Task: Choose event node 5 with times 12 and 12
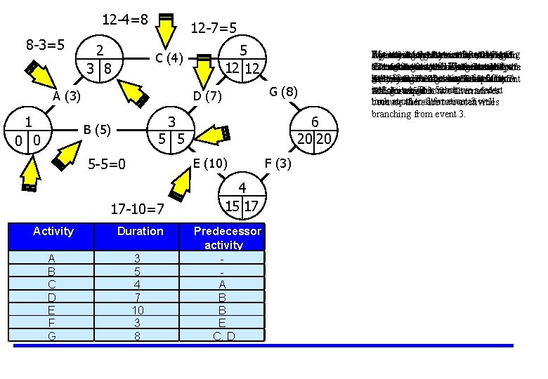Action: click(242, 59)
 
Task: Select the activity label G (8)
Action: click(283, 92)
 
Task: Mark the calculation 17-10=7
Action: click(138, 208)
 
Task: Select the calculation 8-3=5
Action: click(46, 45)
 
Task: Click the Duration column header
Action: click(140, 232)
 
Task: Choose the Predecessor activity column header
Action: click(227, 238)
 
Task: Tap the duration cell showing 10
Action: click(140, 310)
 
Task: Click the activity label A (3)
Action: click(69, 95)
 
